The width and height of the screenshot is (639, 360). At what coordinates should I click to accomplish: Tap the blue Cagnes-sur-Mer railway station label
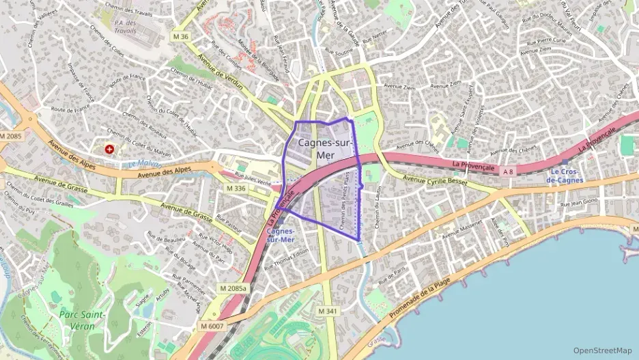[x=280, y=235]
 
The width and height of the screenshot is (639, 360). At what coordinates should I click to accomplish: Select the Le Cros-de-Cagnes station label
[x=567, y=176]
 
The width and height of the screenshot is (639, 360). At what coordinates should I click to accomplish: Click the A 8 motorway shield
[x=507, y=171]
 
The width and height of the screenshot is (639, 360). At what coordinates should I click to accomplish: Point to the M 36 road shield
[x=180, y=36]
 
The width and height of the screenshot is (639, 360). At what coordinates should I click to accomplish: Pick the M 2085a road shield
[x=233, y=288]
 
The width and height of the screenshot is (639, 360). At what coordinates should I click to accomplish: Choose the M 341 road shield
[x=328, y=311]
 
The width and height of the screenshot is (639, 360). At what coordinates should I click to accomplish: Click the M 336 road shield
[x=236, y=188]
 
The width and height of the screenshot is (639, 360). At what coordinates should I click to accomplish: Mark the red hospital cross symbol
[x=109, y=148]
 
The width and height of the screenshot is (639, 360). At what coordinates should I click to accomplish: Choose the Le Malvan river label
[x=141, y=164]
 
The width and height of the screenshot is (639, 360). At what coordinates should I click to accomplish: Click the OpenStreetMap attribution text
[x=603, y=350]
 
